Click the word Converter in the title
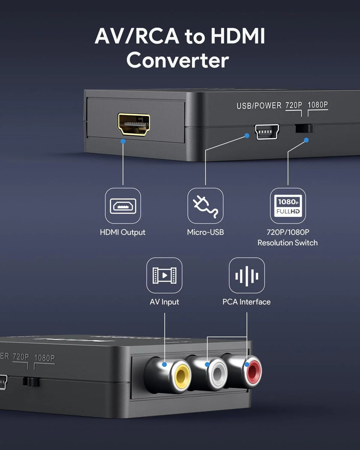[x=178, y=60]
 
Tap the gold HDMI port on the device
[x=134, y=124]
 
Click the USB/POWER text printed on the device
[x=259, y=106]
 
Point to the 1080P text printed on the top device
[x=318, y=105]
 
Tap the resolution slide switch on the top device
[x=304, y=128]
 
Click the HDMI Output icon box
[x=123, y=206]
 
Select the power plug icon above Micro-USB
[x=205, y=206]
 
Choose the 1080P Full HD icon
[x=288, y=206]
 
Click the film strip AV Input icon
[x=164, y=275]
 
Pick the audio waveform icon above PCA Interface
[x=247, y=275]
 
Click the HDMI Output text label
[x=122, y=232]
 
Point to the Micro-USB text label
[x=205, y=232]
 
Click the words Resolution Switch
[x=287, y=243]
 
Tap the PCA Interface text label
[x=246, y=302]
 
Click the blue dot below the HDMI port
[x=123, y=141]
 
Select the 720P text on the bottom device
[x=21, y=357]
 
